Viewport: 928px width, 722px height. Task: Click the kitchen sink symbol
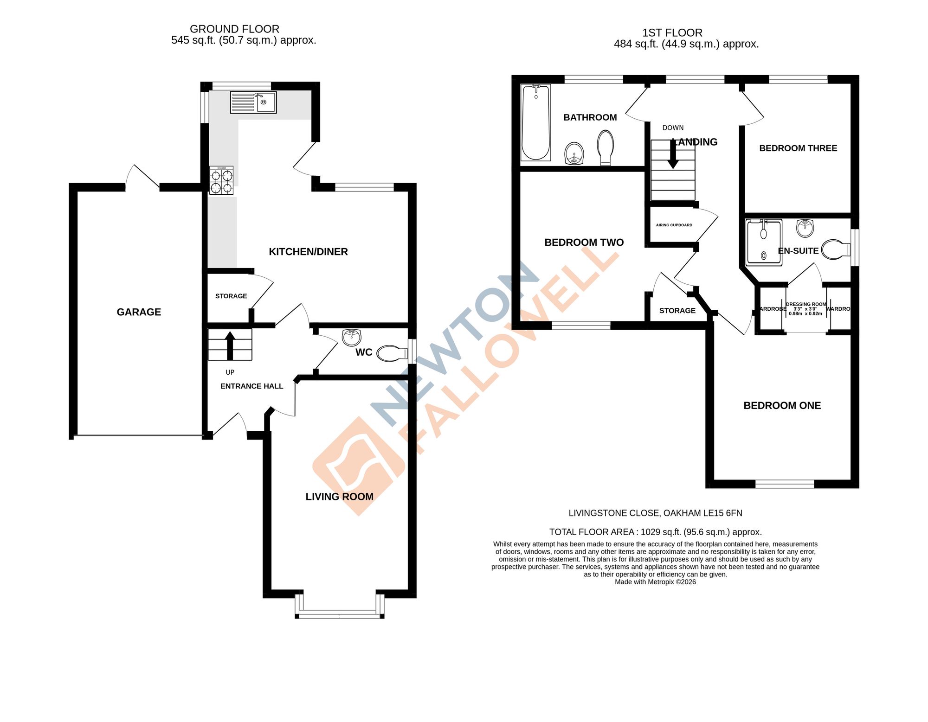(x=253, y=102)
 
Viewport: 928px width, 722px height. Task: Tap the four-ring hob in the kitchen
(x=221, y=181)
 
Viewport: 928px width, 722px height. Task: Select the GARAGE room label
(x=139, y=312)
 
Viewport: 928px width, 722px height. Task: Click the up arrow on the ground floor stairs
(x=230, y=345)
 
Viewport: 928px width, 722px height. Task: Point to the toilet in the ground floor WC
(x=391, y=354)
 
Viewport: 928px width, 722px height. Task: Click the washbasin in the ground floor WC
(x=351, y=337)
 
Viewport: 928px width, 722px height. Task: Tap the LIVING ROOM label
(x=339, y=497)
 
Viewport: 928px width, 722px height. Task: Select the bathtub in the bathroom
(x=535, y=122)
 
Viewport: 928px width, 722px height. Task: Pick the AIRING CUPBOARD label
(x=674, y=225)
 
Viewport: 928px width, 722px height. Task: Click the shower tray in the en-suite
(x=763, y=243)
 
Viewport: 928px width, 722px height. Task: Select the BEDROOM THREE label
(x=798, y=148)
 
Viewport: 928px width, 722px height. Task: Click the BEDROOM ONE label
(x=782, y=406)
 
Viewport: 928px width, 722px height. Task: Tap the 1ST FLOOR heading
(x=672, y=33)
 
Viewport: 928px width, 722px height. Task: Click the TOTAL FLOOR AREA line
(x=655, y=532)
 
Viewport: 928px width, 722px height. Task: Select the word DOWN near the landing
(x=673, y=128)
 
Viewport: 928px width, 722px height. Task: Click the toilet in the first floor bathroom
(x=606, y=147)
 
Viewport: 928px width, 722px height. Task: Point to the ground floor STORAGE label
(x=231, y=296)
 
